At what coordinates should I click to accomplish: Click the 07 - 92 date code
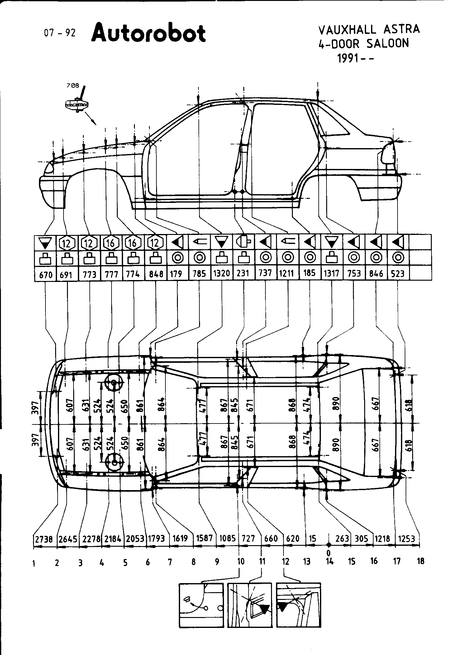(60, 33)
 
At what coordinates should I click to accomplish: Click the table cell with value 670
(45, 275)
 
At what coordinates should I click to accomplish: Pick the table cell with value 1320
(222, 274)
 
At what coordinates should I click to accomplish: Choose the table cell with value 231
(243, 274)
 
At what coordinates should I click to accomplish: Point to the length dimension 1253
(406, 539)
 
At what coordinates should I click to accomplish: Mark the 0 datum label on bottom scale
(328, 553)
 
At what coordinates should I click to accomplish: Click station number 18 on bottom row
(420, 561)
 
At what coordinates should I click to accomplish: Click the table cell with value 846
(376, 274)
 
